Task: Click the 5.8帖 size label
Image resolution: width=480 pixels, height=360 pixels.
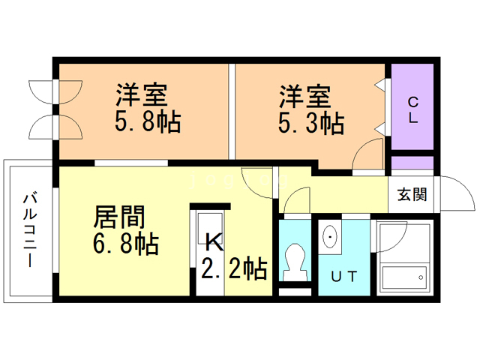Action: point(148,121)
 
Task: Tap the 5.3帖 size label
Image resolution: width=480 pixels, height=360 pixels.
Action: point(311,123)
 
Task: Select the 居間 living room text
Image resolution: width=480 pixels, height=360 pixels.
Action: point(119,217)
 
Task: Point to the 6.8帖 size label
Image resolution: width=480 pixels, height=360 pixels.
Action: point(126,244)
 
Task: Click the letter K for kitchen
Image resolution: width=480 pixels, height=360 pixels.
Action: point(214,242)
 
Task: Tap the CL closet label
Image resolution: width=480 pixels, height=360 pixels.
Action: point(413,110)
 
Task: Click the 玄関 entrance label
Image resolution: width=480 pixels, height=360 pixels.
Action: point(412,194)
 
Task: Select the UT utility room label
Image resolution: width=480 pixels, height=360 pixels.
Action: point(344,277)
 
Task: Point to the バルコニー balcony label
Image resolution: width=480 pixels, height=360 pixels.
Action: point(30,230)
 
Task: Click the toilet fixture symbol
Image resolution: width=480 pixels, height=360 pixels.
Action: point(295,262)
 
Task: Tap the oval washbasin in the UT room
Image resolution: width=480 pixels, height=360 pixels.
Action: point(330,237)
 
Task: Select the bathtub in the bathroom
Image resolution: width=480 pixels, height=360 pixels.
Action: point(404,278)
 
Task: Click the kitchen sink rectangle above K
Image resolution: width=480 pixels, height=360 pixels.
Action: point(210,228)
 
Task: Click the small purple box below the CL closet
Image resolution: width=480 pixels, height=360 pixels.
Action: point(412,163)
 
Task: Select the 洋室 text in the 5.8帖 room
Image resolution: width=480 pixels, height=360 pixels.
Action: point(142,94)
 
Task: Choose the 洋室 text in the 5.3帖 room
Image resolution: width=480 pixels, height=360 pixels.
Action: point(305,97)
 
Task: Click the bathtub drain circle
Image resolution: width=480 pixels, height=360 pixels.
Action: point(421,277)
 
